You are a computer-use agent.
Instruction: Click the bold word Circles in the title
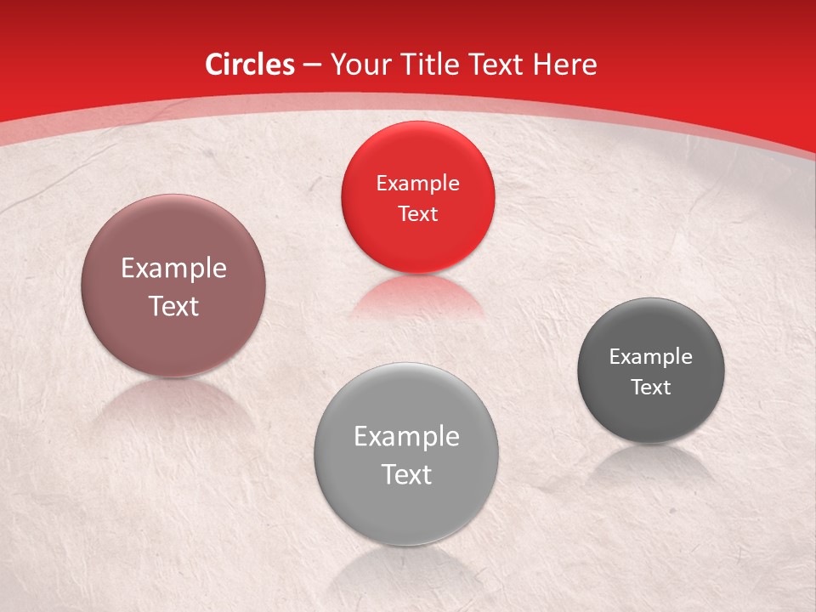click(250, 65)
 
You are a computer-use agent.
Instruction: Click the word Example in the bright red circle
click(417, 183)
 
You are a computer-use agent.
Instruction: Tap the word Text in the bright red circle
click(417, 213)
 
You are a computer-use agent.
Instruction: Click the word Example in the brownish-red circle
click(173, 268)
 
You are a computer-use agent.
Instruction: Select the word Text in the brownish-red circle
click(173, 306)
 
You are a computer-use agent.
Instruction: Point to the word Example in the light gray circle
click(406, 436)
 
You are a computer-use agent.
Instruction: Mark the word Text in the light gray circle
click(406, 474)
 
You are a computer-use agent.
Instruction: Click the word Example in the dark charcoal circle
click(651, 356)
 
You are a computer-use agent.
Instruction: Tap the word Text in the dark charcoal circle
click(651, 387)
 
